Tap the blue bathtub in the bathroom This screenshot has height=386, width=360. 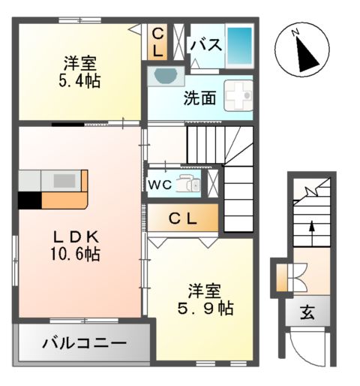pyautogui.click(x=239, y=45)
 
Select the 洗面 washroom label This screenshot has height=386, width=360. pyautogui.click(x=200, y=98)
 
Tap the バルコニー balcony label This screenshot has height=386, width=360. pyautogui.click(x=84, y=345)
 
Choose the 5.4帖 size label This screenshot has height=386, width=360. pyautogui.click(x=79, y=80)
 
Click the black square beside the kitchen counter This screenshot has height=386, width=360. pyautogui.click(x=29, y=201)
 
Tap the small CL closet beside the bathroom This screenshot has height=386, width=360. pyautogui.click(x=158, y=42)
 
